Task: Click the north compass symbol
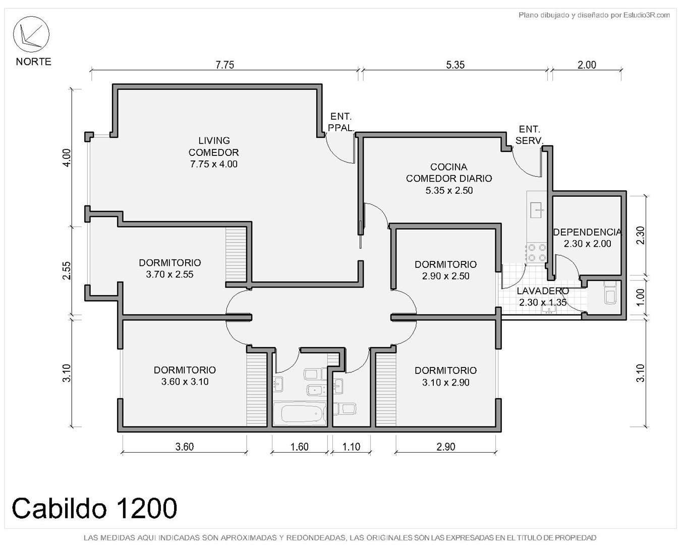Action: tap(31, 34)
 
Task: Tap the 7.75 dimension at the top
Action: tap(224, 65)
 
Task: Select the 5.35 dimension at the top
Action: tap(456, 65)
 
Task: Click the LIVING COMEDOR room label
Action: tap(214, 146)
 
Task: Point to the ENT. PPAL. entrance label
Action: tap(341, 122)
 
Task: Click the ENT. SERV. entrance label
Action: tap(530, 135)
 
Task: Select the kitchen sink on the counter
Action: tap(537, 210)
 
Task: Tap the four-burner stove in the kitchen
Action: tap(537, 253)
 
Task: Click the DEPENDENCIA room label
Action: tap(587, 232)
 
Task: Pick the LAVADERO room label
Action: tap(543, 291)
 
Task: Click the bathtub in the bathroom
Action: tap(300, 414)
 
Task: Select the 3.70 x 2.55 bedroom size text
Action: tap(169, 274)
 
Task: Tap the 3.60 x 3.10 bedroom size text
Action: tap(185, 381)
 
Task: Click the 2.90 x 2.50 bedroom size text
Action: tap(445, 276)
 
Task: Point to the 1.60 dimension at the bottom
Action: tap(299, 447)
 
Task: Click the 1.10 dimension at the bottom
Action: tap(351, 447)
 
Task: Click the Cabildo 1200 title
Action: tap(94, 508)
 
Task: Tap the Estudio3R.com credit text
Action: tap(647, 15)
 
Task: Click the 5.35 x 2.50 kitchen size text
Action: tap(449, 191)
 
